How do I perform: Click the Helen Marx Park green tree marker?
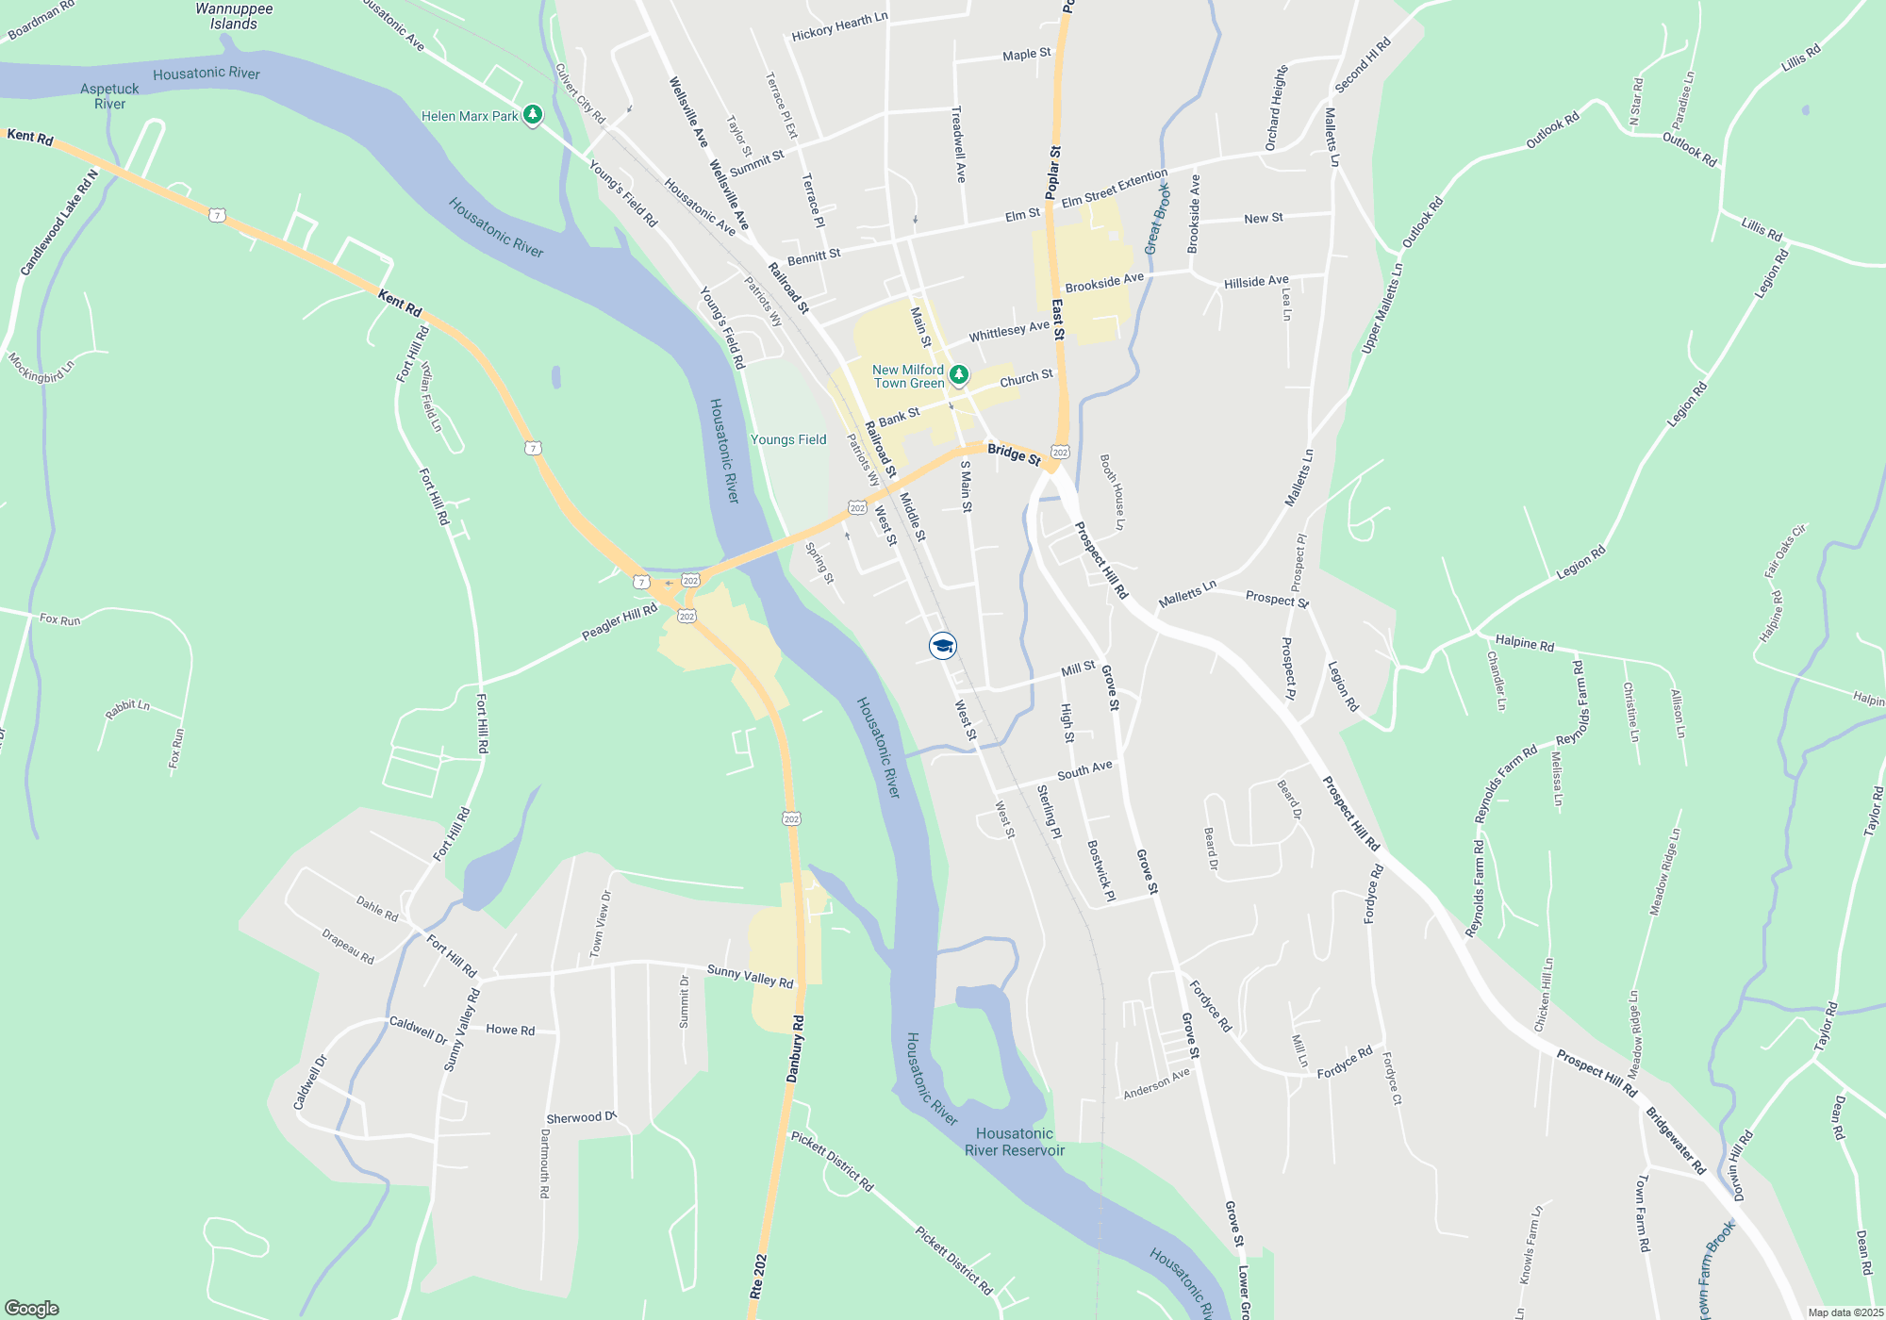tap(533, 115)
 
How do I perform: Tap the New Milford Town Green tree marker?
tap(958, 375)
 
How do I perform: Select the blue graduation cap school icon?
tap(942, 646)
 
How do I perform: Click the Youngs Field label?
tap(788, 439)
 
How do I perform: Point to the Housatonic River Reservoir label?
tap(1015, 1142)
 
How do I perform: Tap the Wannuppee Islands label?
tap(234, 16)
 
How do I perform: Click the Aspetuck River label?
tap(109, 96)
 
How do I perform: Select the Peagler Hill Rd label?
tap(620, 622)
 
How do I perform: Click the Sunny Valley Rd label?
tap(750, 976)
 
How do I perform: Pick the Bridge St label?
tap(1014, 454)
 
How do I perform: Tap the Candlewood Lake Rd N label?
tap(58, 223)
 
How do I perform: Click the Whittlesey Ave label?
tap(1009, 331)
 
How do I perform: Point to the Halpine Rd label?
tap(1524, 642)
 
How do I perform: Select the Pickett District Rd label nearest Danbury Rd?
tap(832, 1162)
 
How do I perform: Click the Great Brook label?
tap(1157, 219)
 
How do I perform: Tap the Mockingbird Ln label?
tap(41, 368)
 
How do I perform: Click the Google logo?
tap(32, 1309)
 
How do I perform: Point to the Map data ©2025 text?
tap(1845, 1312)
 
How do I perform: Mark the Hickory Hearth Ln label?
tap(839, 26)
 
